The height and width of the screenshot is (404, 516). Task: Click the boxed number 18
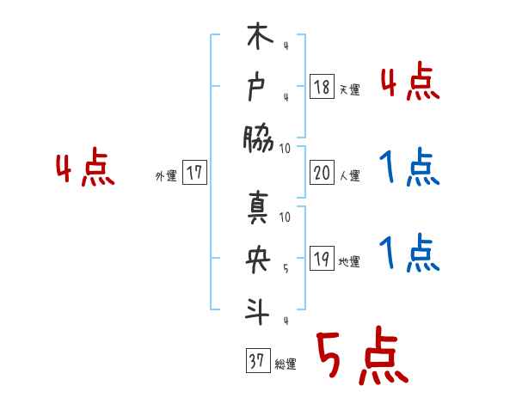click(322, 86)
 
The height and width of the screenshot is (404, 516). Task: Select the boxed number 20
click(322, 173)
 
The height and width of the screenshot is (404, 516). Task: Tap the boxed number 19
click(322, 259)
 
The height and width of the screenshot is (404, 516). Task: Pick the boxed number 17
click(193, 173)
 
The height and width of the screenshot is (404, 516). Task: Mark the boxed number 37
click(256, 362)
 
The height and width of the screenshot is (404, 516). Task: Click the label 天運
click(349, 89)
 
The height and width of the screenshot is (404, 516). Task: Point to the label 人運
click(349, 176)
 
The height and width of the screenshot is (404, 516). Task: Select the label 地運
click(349, 262)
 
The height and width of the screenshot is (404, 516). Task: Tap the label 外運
click(166, 176)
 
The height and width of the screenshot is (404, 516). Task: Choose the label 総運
click(285, 365)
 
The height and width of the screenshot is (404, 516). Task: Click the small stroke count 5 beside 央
click(285, 268)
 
